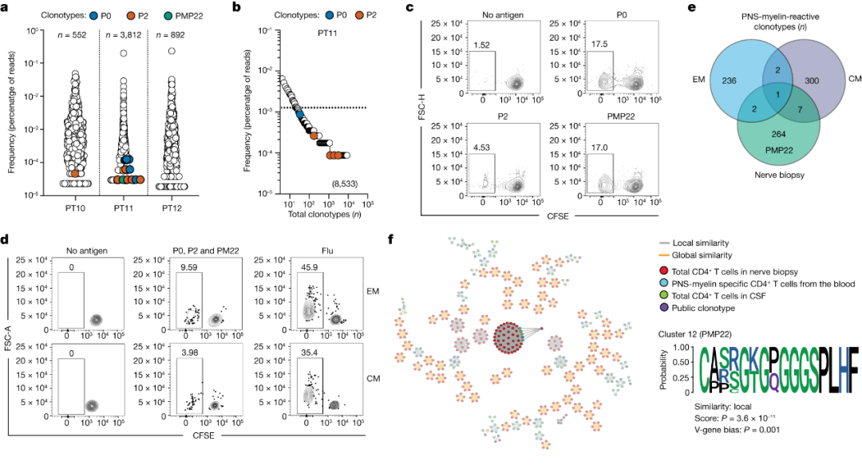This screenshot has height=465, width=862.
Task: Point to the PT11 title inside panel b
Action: [320, 36]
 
